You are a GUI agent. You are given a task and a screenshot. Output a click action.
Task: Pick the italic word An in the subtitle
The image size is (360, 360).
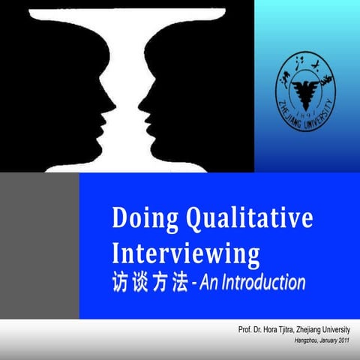point(206,283)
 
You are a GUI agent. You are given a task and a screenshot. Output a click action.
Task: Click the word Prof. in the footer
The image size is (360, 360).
point(246,331)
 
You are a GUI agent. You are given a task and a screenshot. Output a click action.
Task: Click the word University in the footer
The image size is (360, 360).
point(334,331)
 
